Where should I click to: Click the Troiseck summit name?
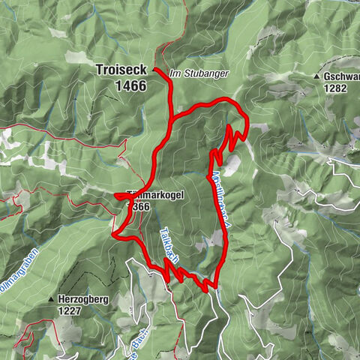(121, 70)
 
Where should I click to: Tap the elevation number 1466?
(130, 86)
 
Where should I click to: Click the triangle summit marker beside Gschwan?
(318, 76)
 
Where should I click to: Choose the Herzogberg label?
(84, 298)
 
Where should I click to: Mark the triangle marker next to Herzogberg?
(52, 299)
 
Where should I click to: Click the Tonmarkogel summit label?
(160, 193)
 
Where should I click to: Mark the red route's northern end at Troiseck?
(154, 70)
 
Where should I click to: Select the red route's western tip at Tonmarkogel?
(117, 196)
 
